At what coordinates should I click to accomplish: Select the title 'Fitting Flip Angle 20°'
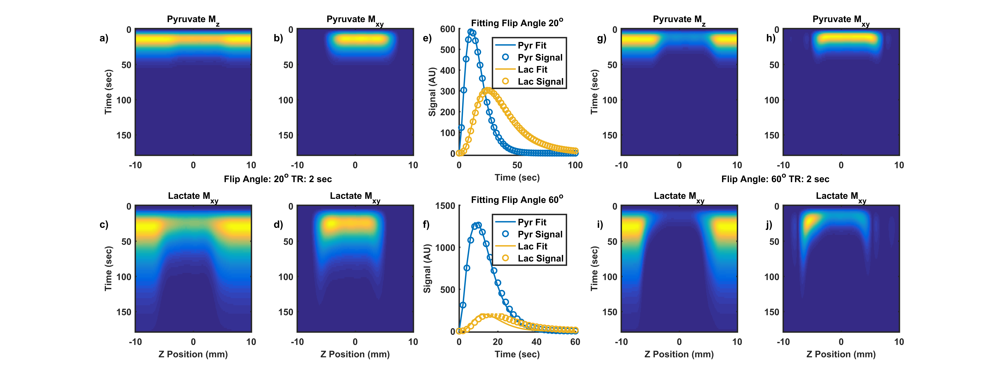[x=517, y=23]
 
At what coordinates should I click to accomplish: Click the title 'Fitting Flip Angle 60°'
[x=517, y=200]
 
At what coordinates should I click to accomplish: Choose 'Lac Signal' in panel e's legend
[x=540, y=82]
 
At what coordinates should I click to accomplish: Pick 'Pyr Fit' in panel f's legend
[x=532, y=222]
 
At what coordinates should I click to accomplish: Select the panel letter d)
[x=278, y=225]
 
